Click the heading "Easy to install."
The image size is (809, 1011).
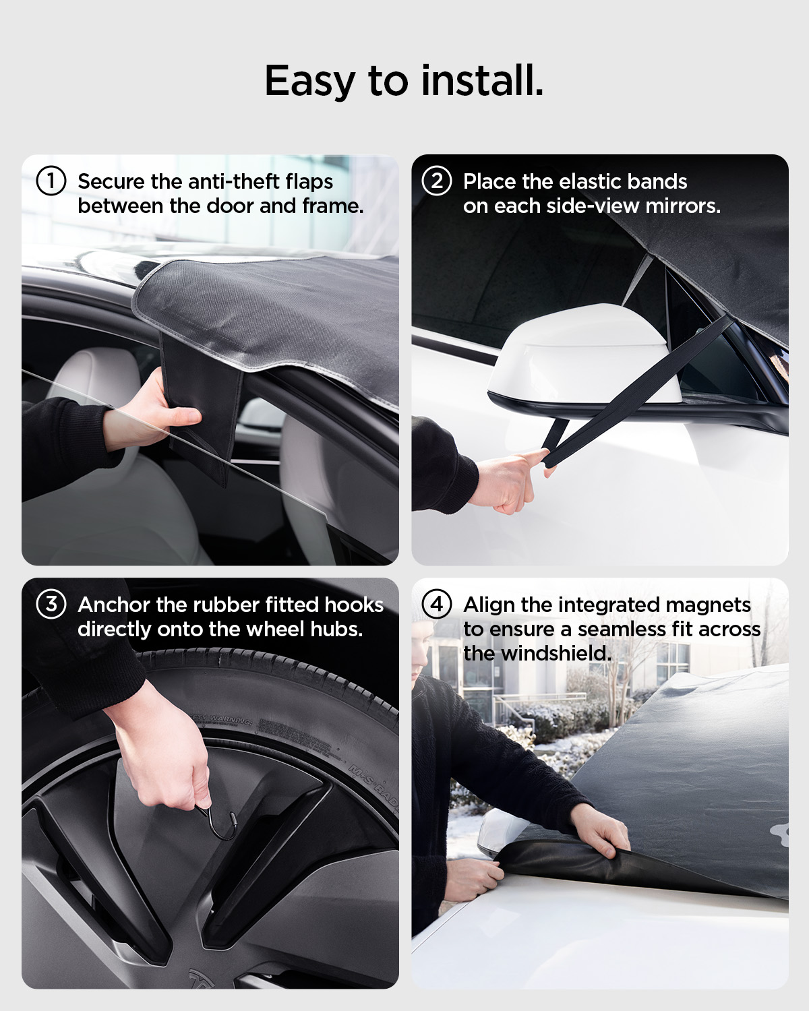tap(404, 81)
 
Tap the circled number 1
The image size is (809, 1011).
tap(51, 181)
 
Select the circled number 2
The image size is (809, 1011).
tap(436, 181)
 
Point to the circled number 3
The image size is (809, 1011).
tap(51, 604)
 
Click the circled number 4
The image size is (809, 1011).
tap(436, 604)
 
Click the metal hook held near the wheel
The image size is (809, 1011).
tap(222, 824)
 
